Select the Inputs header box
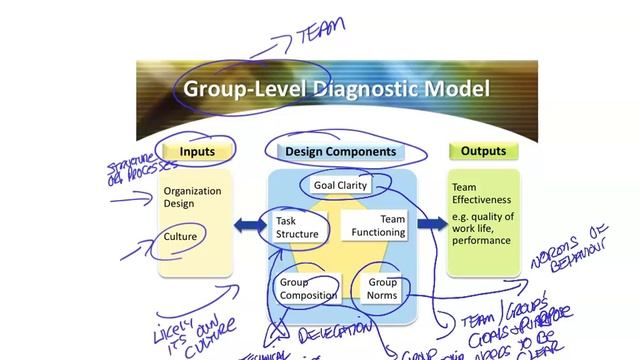[197, 152]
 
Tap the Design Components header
[340, 152]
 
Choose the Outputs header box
[483, 152]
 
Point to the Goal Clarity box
[341, 185]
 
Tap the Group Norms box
[382, 289]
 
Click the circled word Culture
[181, 237]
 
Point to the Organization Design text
[192, 197]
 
